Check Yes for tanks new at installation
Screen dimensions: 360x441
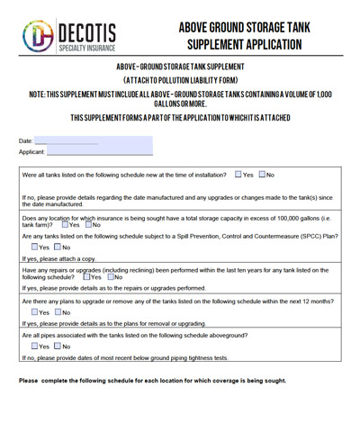238,175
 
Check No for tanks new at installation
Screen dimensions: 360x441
261,175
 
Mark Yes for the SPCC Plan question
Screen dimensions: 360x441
33,247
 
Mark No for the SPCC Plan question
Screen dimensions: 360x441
57,247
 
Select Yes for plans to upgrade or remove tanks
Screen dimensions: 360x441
33,312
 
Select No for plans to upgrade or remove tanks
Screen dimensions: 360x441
57,312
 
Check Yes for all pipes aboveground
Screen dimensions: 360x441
33,346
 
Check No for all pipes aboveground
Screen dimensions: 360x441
57,346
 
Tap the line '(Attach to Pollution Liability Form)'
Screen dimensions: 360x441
180,79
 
